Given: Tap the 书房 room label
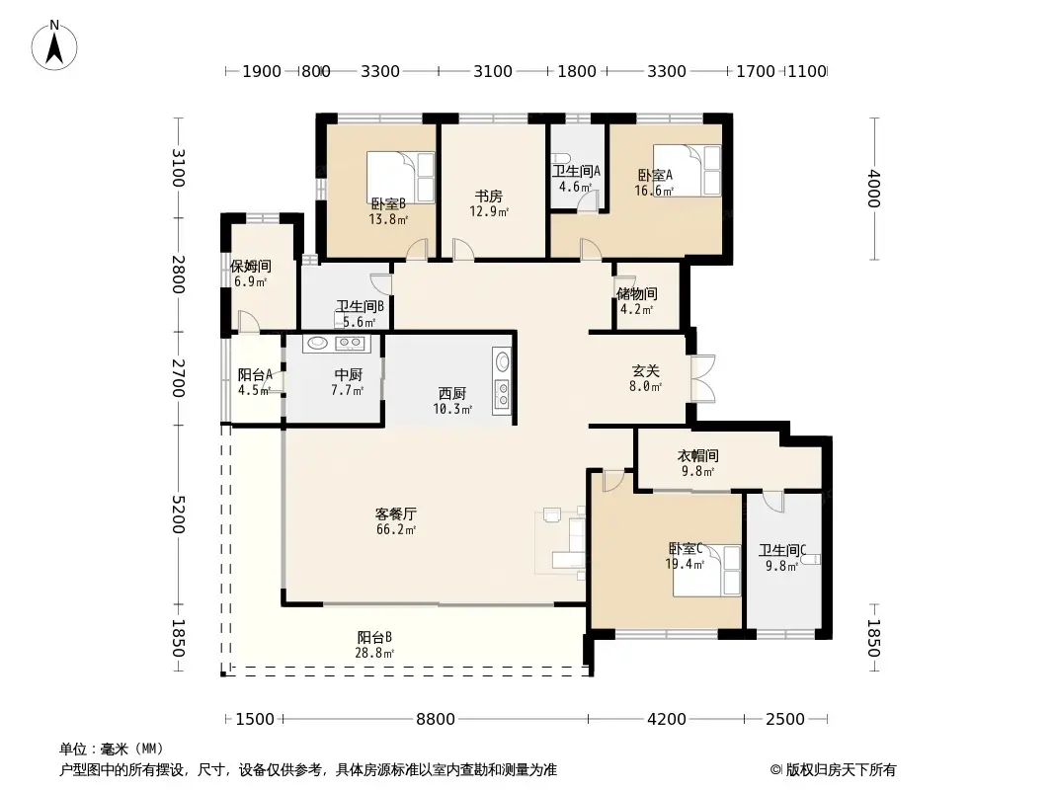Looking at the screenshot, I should [x=488, y=197].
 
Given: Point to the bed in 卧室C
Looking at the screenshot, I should [x=707, y=570].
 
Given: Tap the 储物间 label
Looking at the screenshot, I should [x=637, y=293].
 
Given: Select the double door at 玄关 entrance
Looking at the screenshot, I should [x=702, y=379].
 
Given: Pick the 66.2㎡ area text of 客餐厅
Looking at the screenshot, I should [x=395, y=530].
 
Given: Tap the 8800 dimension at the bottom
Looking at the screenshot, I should [x=435, y=719].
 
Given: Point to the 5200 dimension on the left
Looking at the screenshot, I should [x=178, y=514].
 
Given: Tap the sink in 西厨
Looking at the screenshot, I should [x=502, y=362].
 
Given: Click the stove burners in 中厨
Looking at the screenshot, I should [x=350, y=344].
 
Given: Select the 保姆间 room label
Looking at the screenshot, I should [x=250, y=267].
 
